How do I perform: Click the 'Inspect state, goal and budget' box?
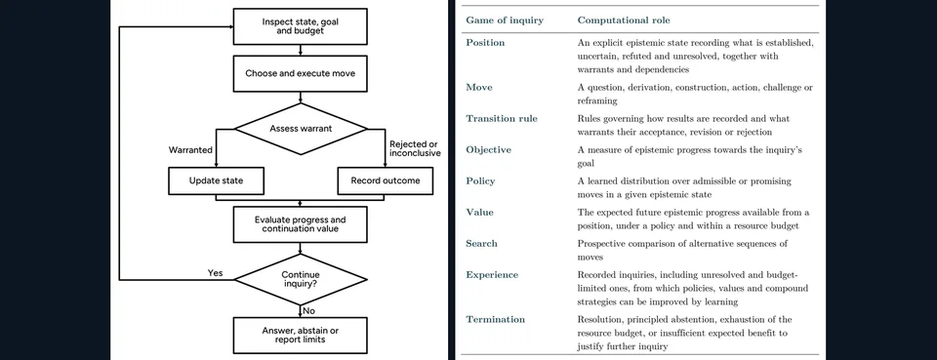click(300, 26)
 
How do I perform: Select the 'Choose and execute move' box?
click(300, 74)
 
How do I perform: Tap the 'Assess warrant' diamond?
click(300, 129)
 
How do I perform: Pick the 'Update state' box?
click(216, 180)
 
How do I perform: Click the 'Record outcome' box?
click(385, 180)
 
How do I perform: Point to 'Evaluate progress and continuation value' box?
click(300, 223)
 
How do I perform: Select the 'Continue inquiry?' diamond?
click(300, 279)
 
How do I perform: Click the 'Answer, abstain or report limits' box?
click(300, 335)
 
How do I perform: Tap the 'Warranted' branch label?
click(190, 150)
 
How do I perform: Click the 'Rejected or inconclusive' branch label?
click(415, 148)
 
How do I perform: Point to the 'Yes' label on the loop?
click(215, 273)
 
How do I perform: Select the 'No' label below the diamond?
click(309, 311)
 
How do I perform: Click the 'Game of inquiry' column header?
click(505, 20)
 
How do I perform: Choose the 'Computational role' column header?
click(624, 20)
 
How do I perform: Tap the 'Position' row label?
click(485, 43)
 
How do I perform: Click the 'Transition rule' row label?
click(502, 118)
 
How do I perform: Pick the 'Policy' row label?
click(480, 180)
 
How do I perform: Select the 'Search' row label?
click(481, 244)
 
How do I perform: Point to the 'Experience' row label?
click(492, 274)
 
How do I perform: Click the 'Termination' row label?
click(496, 319)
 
